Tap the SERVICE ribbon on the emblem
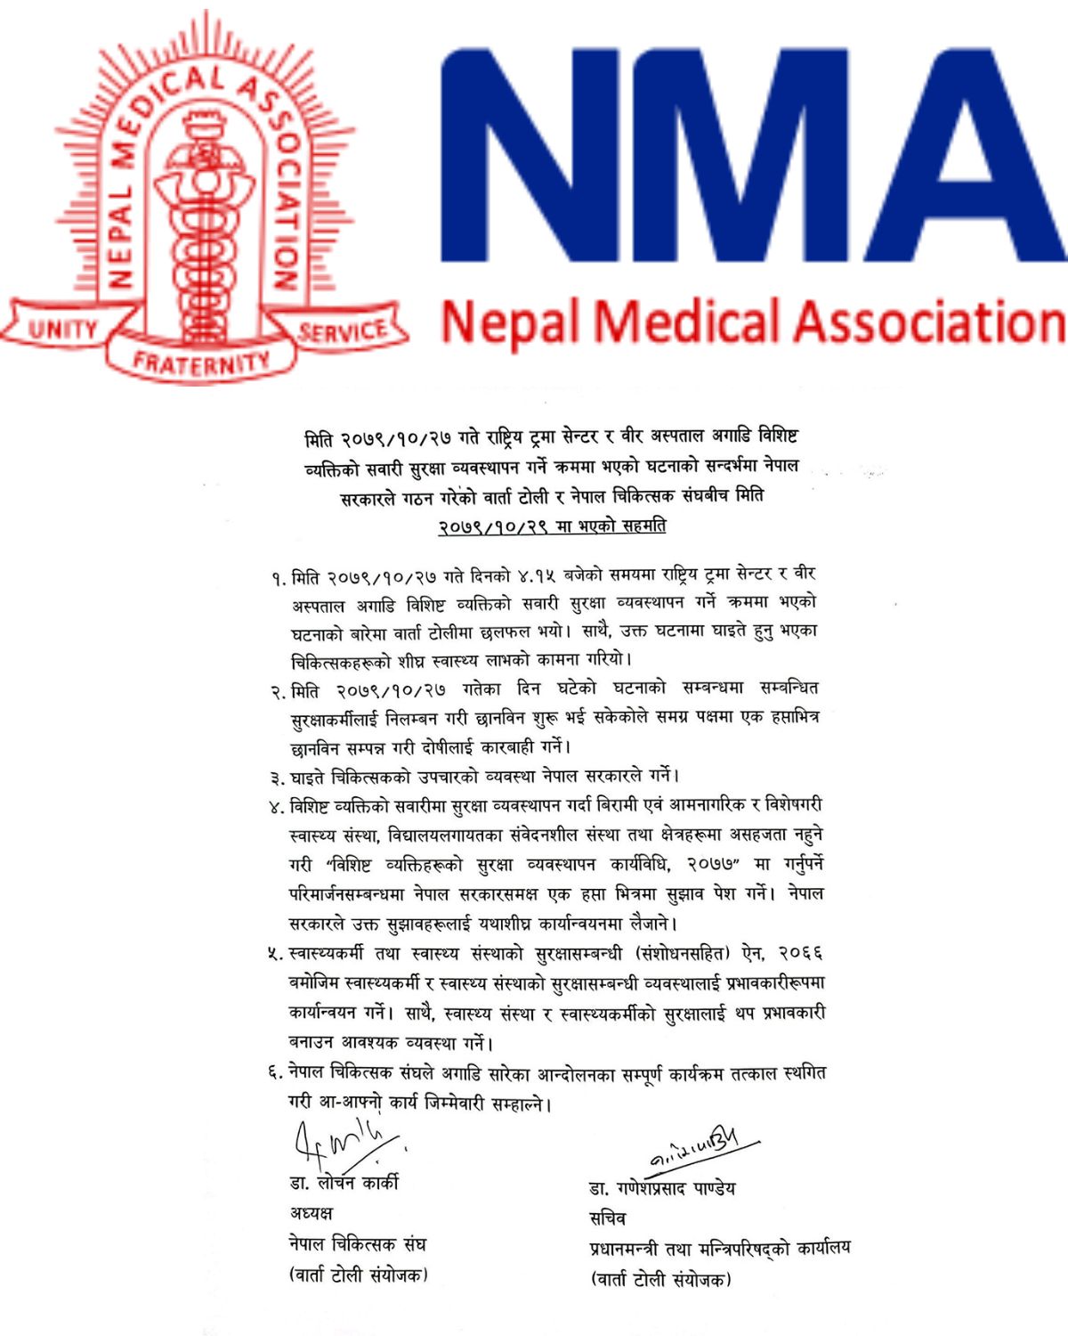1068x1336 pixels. (343, 331)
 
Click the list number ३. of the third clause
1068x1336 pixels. (278, 778)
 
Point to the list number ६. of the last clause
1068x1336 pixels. (276, 1073)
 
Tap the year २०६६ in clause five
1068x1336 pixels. (800, 954)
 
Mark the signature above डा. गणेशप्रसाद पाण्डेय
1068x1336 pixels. (703, 1149)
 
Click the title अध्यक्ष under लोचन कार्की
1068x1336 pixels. (311, 1213)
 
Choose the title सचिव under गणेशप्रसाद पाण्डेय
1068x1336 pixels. (608, 1218)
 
